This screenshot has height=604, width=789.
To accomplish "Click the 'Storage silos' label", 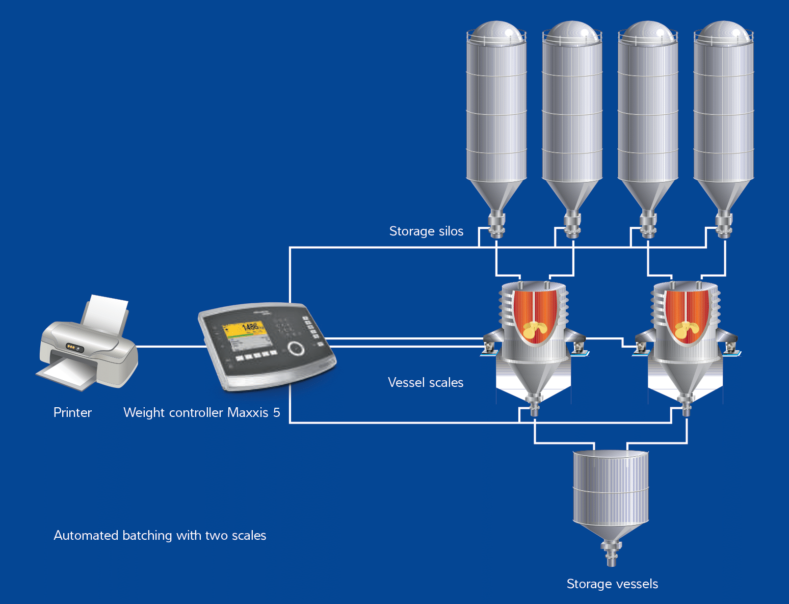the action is point(426,231).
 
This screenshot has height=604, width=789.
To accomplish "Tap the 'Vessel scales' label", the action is point(426,382).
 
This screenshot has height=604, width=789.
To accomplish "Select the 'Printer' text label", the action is point(72,412).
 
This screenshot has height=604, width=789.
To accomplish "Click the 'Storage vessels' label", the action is point(612,584).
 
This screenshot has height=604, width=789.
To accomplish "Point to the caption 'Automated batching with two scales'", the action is point(160,535).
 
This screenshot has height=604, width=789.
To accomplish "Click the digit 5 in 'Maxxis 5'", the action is point(277,412).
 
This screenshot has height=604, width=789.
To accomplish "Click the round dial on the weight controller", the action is point(296,348).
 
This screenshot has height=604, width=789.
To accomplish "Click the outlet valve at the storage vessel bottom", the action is point(612,553).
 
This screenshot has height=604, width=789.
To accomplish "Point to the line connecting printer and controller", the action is point(171,347).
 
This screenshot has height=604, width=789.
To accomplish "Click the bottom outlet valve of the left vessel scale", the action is point(534,405).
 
